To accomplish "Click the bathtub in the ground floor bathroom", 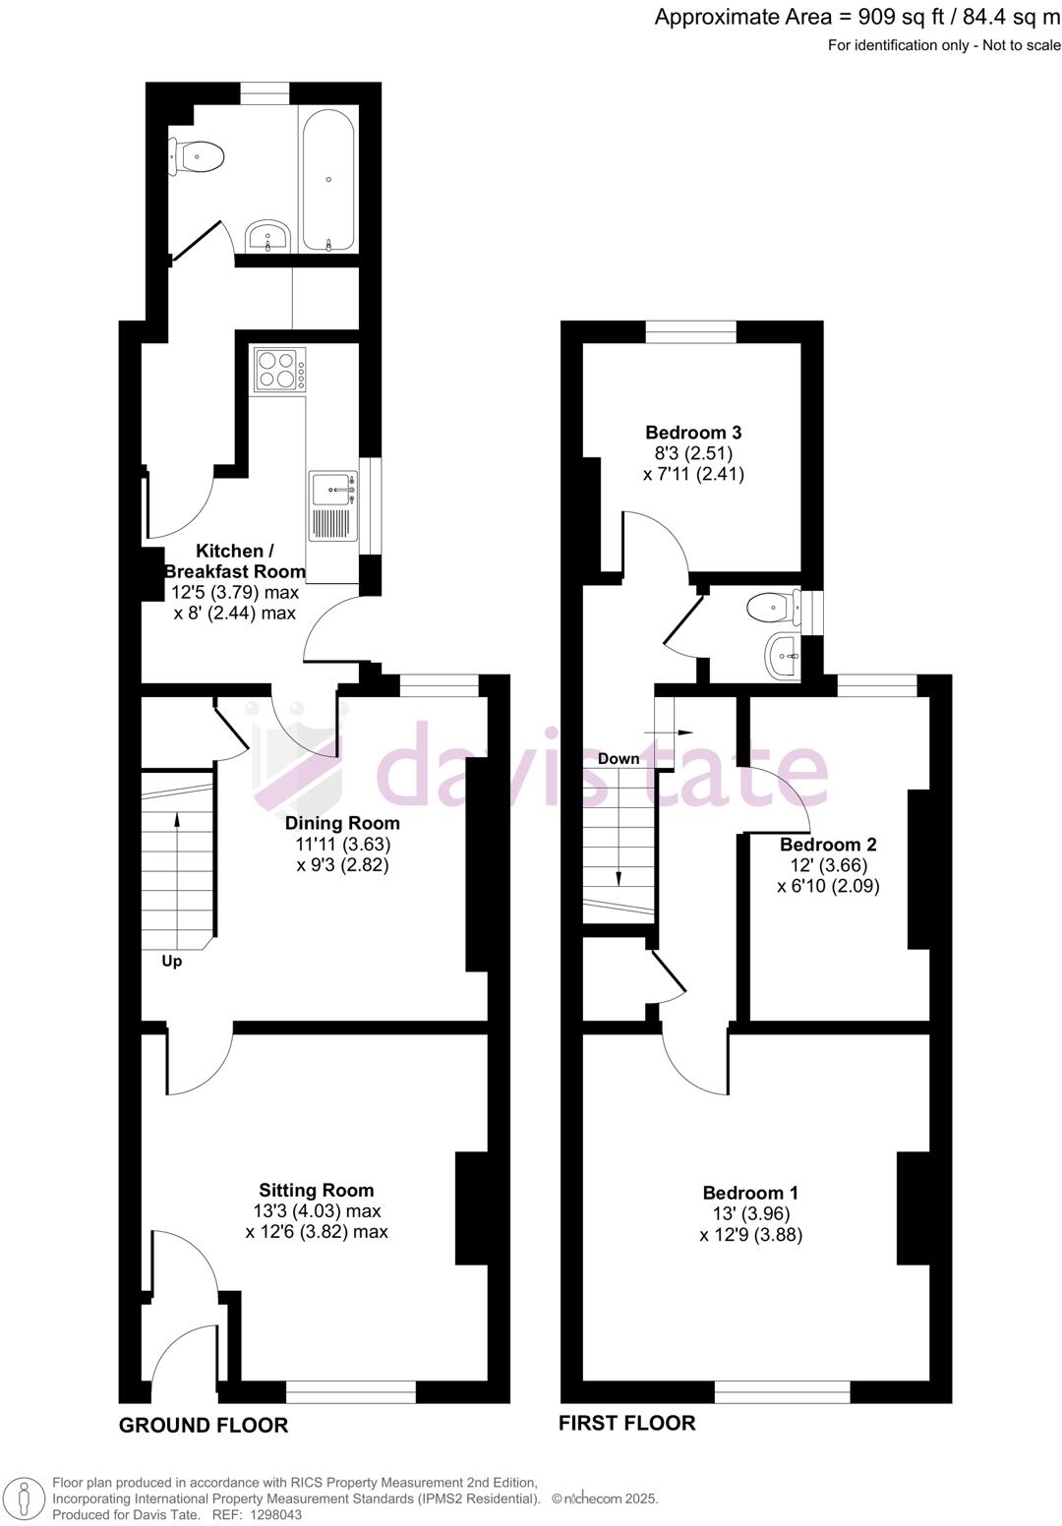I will tap(328, 180).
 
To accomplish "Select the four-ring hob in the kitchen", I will tap(279, 370).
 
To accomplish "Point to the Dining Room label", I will tap(342, 823).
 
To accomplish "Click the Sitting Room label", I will tap(316, 1190).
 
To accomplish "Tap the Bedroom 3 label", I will tap(693, 432).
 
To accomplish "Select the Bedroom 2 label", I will tap(828, 844).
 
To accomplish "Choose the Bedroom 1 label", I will tap(750, 1193).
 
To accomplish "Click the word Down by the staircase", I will tap(619, 758).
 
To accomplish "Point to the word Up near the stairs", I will tap(172, 961).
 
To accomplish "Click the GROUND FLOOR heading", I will tap(204, 1425).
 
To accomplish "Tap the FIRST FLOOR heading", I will tap(626, 1423).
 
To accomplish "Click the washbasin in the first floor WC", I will tap(784, 654).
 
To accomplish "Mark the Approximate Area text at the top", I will tap(857, 17).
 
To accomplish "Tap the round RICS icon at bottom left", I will tap(24, 1498).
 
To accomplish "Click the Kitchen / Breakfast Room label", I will tap(234, 560).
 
